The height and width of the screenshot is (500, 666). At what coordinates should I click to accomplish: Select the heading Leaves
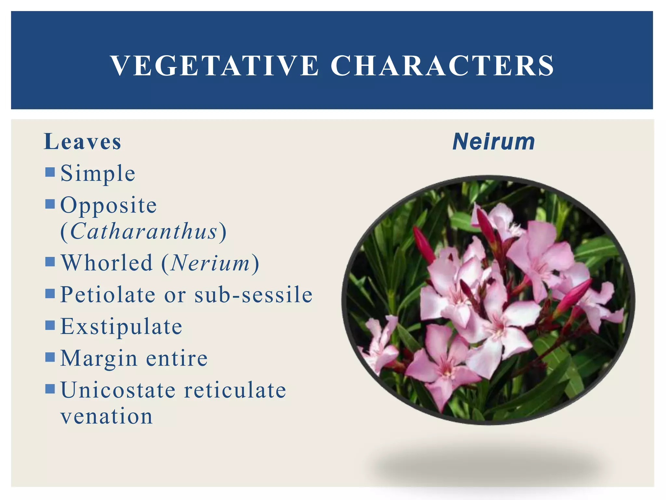[83, 142]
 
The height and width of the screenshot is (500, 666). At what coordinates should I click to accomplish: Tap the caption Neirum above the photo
[494, 142]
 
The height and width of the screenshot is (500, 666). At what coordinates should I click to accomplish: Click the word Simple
[98, 174]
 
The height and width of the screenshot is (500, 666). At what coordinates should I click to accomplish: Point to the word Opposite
[109, 205]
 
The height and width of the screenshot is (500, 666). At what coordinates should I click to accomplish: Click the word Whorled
[107, 263]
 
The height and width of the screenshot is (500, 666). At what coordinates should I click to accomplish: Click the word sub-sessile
[254, 295]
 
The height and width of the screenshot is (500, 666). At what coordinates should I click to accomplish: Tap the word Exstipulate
[121, 326]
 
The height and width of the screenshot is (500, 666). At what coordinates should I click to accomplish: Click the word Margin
[99, 358]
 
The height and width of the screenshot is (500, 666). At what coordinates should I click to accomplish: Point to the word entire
[177, 358]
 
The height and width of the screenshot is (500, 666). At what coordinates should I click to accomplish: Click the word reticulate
[235, 390]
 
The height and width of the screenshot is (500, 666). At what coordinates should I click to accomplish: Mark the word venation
[107, 416]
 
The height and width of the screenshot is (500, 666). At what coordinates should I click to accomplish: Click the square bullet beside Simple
[50, 172]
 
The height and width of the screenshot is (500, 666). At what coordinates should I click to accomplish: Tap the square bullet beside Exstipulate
[50, 325]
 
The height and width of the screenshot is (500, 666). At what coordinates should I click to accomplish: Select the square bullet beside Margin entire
[50, 357]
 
